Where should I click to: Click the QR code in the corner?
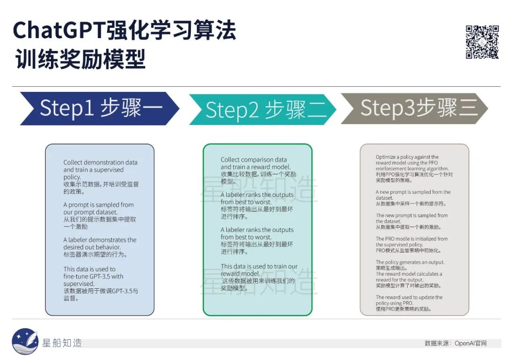tap(482, 42)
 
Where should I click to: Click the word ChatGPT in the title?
tap(59, 31)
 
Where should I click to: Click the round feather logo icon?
tap(25, 341)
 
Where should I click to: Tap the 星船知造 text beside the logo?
tap(62, 343)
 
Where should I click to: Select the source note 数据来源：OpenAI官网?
tap(455, 343)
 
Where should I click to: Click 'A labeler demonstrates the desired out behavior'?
tap(99, 243)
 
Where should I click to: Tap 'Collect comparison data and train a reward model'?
tap(255, 163)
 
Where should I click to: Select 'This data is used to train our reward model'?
tap(259, 270)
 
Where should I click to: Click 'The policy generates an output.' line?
tap(410, 262)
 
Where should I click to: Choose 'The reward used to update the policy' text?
tap(409, 300)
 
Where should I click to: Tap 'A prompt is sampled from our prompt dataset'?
tap(99, 208)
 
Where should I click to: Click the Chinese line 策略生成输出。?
tap(391, 268)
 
